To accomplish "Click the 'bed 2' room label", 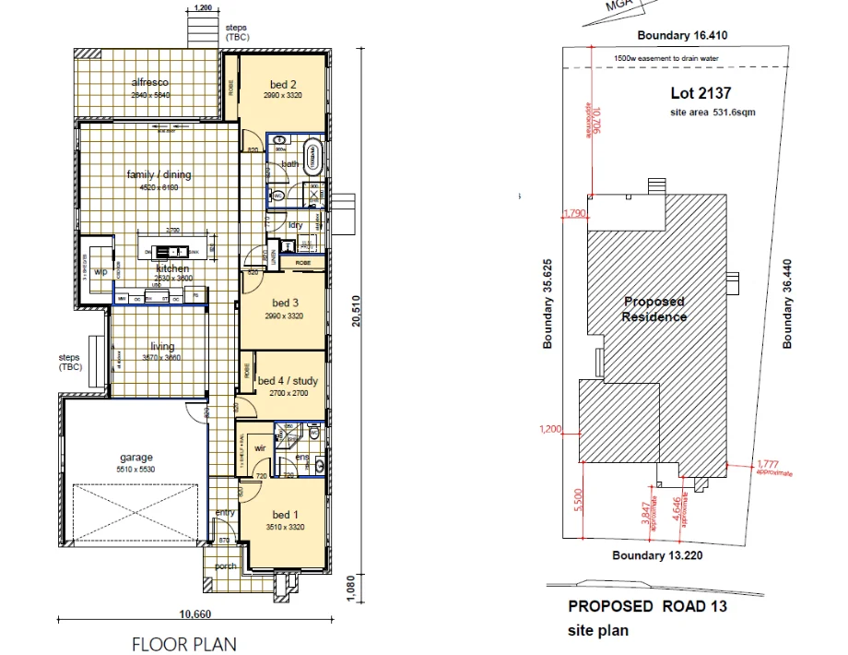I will (282, 85).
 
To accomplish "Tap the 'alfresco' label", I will (150, 83).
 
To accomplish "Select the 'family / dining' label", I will (159, 174).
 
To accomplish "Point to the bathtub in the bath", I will (313, 156).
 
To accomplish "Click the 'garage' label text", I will (136, 458).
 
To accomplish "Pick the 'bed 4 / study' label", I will (287, 381).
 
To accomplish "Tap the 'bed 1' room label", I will (285, 515).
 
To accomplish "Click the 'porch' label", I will (225, 566).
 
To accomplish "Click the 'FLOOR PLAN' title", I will (184, 644).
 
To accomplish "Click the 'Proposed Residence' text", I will (654, 309).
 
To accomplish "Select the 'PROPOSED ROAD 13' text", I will (647, 606).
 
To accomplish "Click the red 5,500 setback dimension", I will (577, 501).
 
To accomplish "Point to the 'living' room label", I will (162, 347).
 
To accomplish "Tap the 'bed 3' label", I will (285, 303).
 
